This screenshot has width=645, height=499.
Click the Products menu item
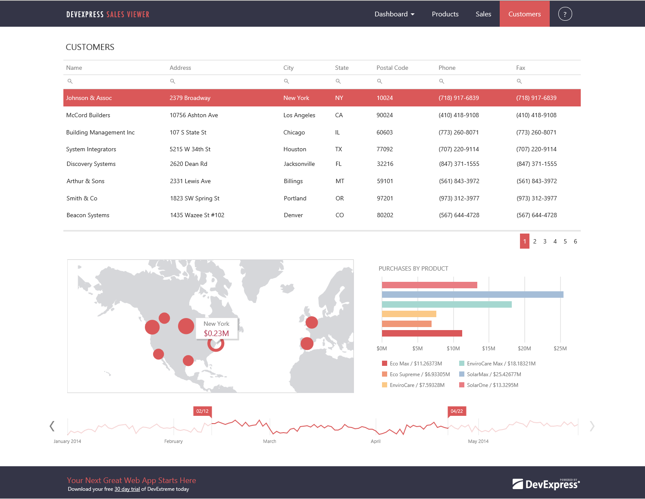tap(445, 14)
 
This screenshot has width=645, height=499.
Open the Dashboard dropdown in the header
tap(394, 14)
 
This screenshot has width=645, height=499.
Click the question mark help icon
tap(565, 14)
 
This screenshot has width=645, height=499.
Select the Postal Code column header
tap(392, 68)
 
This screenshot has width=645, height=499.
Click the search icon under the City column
tap(286, 81)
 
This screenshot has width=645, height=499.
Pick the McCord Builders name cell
tap(88, 115)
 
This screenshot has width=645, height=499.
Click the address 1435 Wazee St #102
tap(197, 215)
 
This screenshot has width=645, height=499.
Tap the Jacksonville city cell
tap(299, 164)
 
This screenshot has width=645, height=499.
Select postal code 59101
tap(385, 181)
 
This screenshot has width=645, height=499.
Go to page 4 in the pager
tap(555, 241)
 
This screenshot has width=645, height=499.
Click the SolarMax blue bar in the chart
tap(472, 295)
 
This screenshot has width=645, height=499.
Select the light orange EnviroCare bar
tap(409, 314)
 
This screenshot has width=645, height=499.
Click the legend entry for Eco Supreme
tap(416, 374)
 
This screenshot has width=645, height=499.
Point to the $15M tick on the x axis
tap(488, 348)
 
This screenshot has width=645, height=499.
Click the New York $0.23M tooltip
tap(216, 329)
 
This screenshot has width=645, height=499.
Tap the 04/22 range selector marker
tap(457, 411)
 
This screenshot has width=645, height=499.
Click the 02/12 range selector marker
tap(202, 411)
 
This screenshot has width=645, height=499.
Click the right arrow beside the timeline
tap(592, 426)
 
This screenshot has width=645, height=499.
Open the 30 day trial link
tap(127, 489)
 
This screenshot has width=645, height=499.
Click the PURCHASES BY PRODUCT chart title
tap(413, 268)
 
